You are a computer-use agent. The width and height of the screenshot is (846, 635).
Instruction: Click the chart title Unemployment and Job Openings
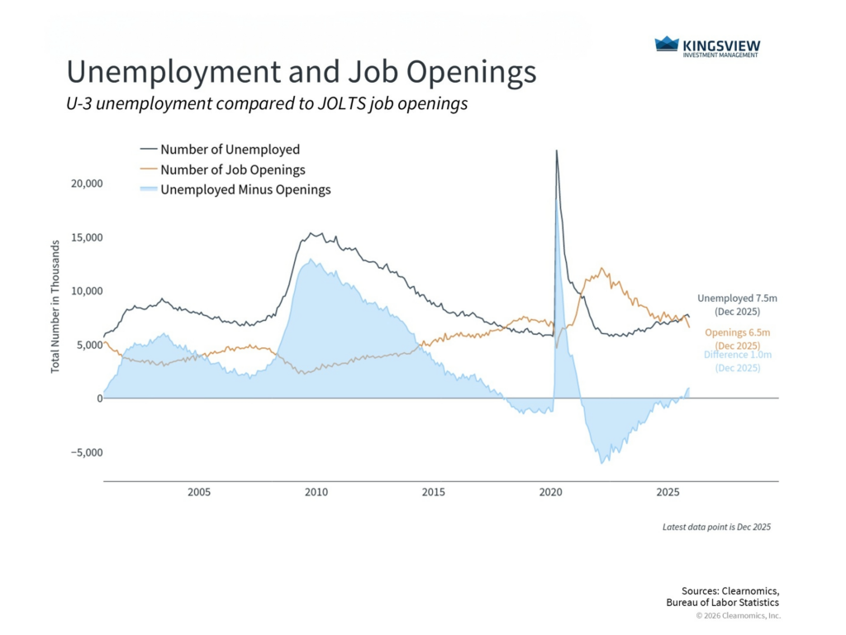click(x=301, y=73)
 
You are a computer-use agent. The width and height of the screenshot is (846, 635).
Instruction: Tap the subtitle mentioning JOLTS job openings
click(x=268, y=104)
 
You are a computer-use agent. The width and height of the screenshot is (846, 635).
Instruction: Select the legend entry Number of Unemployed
click(x=230, y=150)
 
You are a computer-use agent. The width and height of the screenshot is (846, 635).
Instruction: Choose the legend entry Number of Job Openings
click(x=232, y=169)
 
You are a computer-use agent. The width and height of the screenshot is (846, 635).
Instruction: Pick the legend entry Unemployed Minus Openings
click(x=245, y=189)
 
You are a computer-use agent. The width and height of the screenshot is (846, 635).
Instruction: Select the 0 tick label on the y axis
click(x=99, y=399)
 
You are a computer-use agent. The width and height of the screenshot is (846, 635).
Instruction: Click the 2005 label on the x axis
click(x=199, y=492)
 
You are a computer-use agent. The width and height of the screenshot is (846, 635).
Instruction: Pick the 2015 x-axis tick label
click(x=433, y=492)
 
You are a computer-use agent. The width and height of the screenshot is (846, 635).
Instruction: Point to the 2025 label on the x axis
click(x=668, y=492)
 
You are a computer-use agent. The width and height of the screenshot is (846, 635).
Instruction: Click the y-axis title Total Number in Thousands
click(x=55, y=306)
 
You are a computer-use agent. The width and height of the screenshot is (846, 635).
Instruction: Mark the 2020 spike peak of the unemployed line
click(x=557, y=150)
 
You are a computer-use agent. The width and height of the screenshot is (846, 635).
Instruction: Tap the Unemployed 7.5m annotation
click(x=736, y=298)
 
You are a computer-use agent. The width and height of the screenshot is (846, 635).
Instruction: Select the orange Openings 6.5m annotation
click(x=738, y=332)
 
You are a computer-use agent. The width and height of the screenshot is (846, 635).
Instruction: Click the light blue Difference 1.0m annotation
click(x=737, y=355)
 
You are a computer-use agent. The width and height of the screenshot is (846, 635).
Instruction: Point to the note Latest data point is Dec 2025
click(x=716, y=527)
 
